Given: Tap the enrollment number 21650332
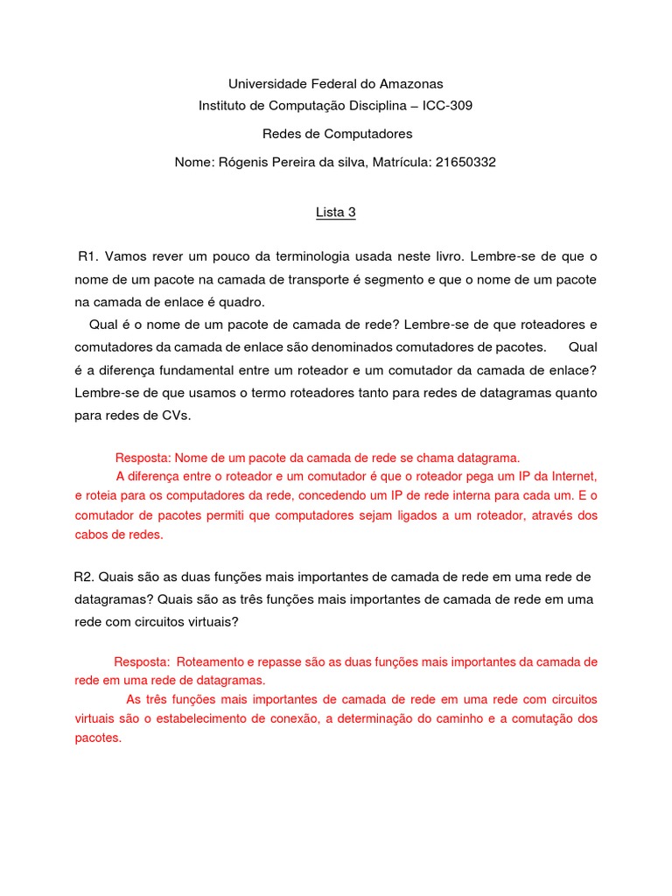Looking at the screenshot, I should tap(465, 163).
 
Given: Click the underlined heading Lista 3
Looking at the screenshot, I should tap(336, 212).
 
